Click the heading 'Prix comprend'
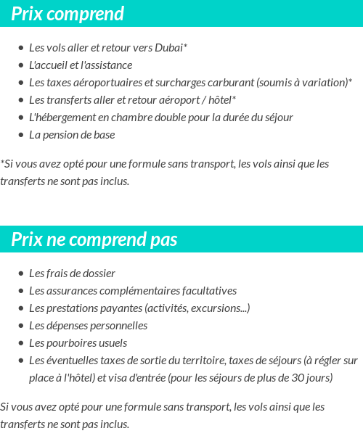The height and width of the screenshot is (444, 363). coord(68,14)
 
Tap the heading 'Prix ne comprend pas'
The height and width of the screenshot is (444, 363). coord(94,239)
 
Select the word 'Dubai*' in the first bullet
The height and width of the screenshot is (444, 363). coord(171,48)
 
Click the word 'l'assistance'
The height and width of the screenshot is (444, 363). coord(107,65)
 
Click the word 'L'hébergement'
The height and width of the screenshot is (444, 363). coord(62,118)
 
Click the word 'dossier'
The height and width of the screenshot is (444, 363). coord(98,274)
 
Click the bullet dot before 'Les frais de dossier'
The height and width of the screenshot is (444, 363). coord(20,274)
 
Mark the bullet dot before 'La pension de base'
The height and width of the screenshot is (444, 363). coord(20,136)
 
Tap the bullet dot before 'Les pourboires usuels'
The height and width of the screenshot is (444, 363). coord(20,344)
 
